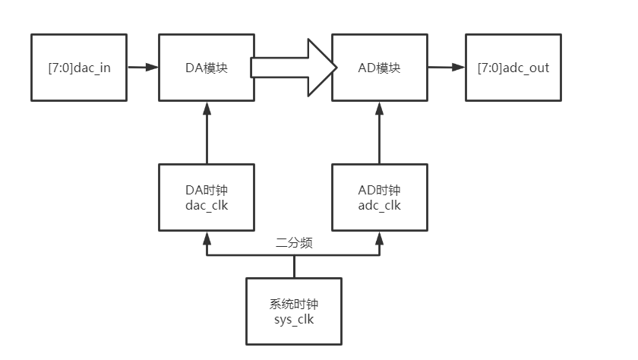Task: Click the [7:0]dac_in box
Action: pos(79,68)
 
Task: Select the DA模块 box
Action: pos(207,68)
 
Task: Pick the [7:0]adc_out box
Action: pos(513,68)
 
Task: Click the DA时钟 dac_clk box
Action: pos(207,197)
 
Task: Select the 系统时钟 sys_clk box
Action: pos(293,311)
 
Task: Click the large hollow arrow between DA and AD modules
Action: pos(293,68)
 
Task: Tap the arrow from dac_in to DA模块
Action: pos(142,68)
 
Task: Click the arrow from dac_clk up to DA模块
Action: pos(207,132)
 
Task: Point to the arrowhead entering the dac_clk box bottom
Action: pos(207,238)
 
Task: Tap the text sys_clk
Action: pos(293,320)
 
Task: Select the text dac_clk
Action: pos(207,205)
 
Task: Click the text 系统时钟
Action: pos(293,304)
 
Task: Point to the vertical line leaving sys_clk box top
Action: pos(293,267)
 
